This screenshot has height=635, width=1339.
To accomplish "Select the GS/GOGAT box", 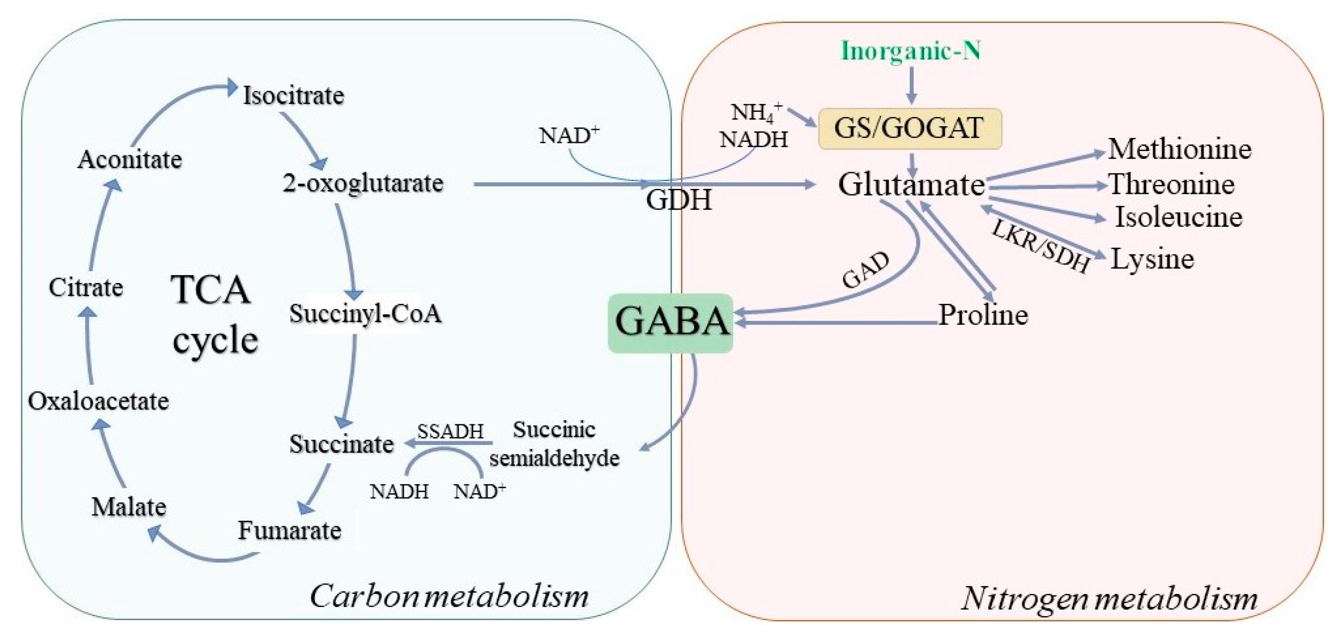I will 910,128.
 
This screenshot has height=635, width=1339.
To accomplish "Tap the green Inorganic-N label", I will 911,51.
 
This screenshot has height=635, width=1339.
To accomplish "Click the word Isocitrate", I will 294,96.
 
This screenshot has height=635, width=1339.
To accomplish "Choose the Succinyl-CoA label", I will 365,313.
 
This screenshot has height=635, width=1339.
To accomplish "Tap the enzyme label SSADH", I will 450,431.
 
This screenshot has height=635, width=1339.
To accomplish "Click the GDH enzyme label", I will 679,200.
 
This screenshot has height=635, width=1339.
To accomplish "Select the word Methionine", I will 1180,150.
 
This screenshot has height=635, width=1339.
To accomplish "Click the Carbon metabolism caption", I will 449,596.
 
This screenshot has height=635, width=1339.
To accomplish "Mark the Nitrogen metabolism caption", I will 1109,598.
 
